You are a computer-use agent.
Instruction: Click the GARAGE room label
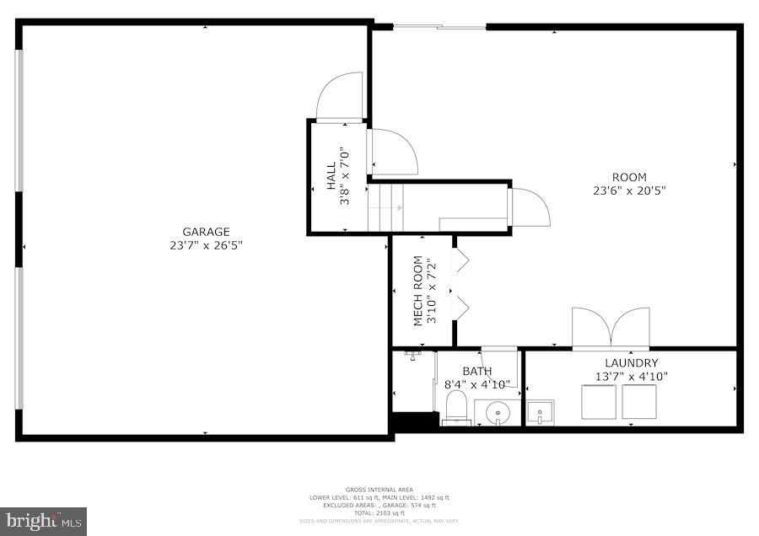(x=206, y=232)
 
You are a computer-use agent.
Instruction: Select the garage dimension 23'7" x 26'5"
(x=206, y=246)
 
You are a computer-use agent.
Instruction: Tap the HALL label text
(x=331, y=177)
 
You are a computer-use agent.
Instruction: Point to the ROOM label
(x=629, y=177)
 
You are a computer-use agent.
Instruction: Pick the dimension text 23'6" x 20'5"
(x=629, y=190)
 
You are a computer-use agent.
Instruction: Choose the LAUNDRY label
(x=631, y=363)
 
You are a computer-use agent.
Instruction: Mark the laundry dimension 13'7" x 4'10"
(x=631, y=377)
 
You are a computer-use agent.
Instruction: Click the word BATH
(x=476, y=371)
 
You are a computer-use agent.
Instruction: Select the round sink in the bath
(x=497, y=413)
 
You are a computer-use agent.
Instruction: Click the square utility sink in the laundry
(x=539, y=413)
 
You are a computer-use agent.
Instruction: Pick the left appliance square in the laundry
(x=600, y=402)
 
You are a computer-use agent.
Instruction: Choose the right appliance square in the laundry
(x=639, y=402)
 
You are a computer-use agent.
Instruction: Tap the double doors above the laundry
(x=611, y=329)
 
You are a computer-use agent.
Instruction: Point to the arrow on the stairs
(x=397, y=206)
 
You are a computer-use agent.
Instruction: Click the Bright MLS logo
(x=44, y=521)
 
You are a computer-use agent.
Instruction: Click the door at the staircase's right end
(x=530, y=207)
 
